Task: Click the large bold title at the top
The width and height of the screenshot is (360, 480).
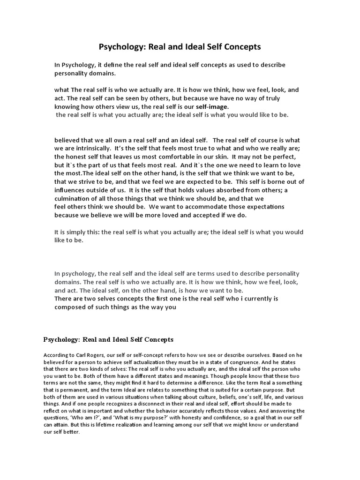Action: pyautogui.click(x=180, y=47)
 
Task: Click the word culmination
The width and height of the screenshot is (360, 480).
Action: pyautogui.click(x=75, y=198)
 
